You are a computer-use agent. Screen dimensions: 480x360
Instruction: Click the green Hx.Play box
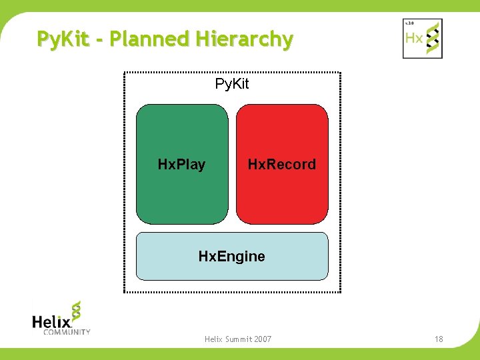(182, 133)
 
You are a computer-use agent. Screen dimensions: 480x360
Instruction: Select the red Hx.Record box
(282, 133)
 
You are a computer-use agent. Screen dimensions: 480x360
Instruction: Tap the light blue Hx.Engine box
(232, 267)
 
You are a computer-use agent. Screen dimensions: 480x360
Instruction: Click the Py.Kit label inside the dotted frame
(232, 84)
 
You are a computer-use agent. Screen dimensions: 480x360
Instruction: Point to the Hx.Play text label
(181, 164)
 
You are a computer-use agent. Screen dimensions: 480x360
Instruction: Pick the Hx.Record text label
(282, 164)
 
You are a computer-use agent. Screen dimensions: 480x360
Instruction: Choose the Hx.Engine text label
(232, 256)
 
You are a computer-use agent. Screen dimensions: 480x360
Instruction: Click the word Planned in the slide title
(148, 39)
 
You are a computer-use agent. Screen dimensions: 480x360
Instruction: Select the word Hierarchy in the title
(244, 40)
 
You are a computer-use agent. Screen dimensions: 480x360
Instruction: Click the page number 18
(439, 339)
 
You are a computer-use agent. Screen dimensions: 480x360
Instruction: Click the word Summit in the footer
(234, 339)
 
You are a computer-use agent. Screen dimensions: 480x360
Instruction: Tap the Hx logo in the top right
(422, 39)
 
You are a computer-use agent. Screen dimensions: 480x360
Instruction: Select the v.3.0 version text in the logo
(409, 23)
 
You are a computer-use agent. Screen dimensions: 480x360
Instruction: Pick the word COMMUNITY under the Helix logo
(66, 331)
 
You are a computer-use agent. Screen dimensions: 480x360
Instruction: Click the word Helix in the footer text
(213, 339)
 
